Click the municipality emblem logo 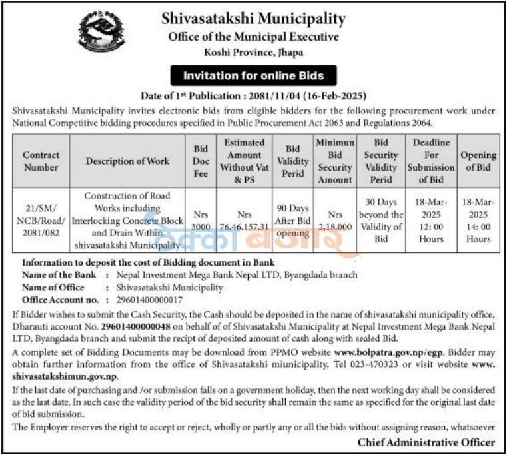pyautogui.click(x=101, y=31)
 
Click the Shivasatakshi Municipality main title pyautogui.click(x=253, y=18)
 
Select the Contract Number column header pyautogui.click(x=41, y=161)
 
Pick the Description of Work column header pyautogui.click(x=127, y=161)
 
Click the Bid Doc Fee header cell pyautogui.click(x=201, y=161)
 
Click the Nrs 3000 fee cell pyautogui.click(x=201, y=220)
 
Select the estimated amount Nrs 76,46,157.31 pyautogui.click(x=245, y=220)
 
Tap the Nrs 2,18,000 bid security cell pyautogui.click(x=335, y=220)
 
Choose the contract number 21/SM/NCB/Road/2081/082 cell pyautogui.click(x=41, y=220)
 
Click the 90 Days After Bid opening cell pyautogui.click(x=292, y=220)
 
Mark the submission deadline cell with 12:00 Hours pyautogui.click(x=431, y=220)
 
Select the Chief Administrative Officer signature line pyautogui.click(x=426, y=442)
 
